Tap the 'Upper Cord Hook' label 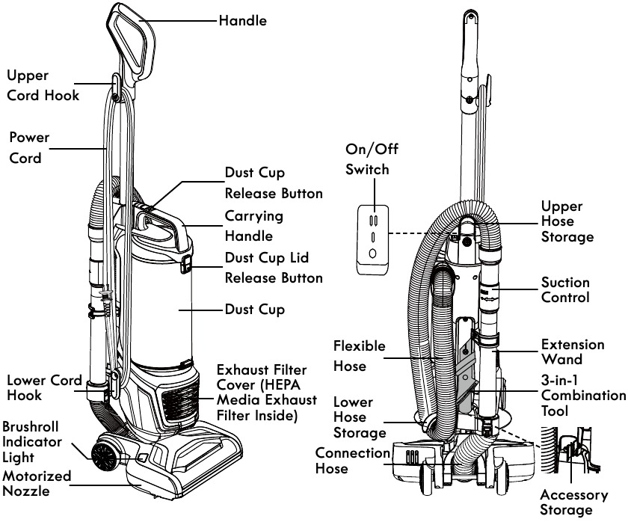[x=43, y=85]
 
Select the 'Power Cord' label [x=29, y=148]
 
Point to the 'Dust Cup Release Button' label [x=274, y=183]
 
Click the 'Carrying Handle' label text [x=254, y=225]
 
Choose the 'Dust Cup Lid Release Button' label [x=274, y=268]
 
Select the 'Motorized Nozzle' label [x=37, y=484]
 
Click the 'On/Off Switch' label [x=371, y=159]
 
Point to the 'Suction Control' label [x=565, y=289]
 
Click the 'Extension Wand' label [x=573, y=352]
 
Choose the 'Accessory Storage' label [x=573, y=502]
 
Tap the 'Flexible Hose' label [x=359, y=356]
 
